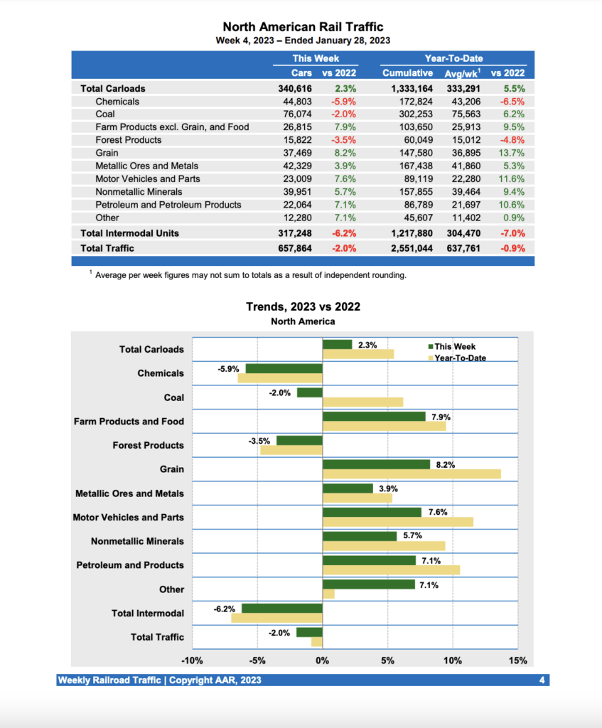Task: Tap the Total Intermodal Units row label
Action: click(x=129, y=233)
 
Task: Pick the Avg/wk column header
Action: click(x=461, y=73)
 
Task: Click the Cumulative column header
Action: click(x=407, y=73)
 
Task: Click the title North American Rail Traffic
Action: click(x=303, y=28)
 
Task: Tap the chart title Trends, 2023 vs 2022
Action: click(x=303, y=307)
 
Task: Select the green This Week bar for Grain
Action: click(x=376, y=464)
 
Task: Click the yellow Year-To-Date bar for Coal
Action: click(x=362, y=402)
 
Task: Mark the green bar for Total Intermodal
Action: click(x=282, y=609)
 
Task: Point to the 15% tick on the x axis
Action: click(x=518, y=661)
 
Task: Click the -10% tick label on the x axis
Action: click(x=192, y=661)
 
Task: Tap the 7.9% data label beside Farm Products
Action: click(x=441, y=417)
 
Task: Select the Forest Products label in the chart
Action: click(x=148, y=446)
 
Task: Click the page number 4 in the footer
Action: click(x=542, y=680)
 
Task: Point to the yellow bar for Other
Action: click(x=328, y=594)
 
